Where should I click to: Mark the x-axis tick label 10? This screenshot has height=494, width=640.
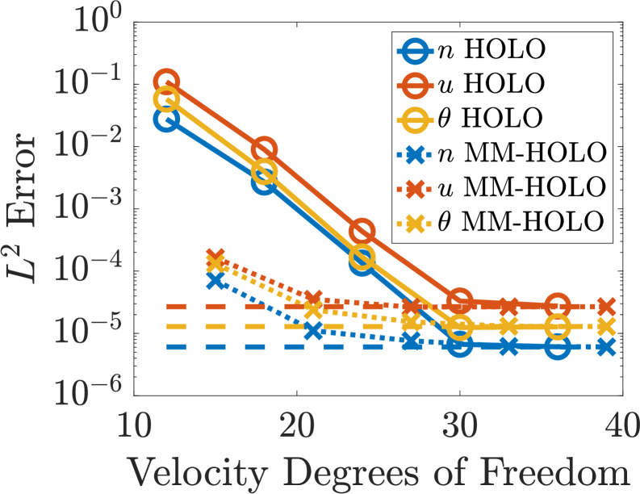pos(134,423)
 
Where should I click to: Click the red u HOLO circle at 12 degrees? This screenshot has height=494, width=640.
pos(166,82)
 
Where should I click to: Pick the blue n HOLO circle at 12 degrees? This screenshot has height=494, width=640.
pos(166,119)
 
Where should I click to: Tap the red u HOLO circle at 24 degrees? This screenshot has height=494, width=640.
pos(362,232)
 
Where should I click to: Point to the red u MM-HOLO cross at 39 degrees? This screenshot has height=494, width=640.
pos(607,307)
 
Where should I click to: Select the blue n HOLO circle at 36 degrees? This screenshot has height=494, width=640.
pos(558,347)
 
